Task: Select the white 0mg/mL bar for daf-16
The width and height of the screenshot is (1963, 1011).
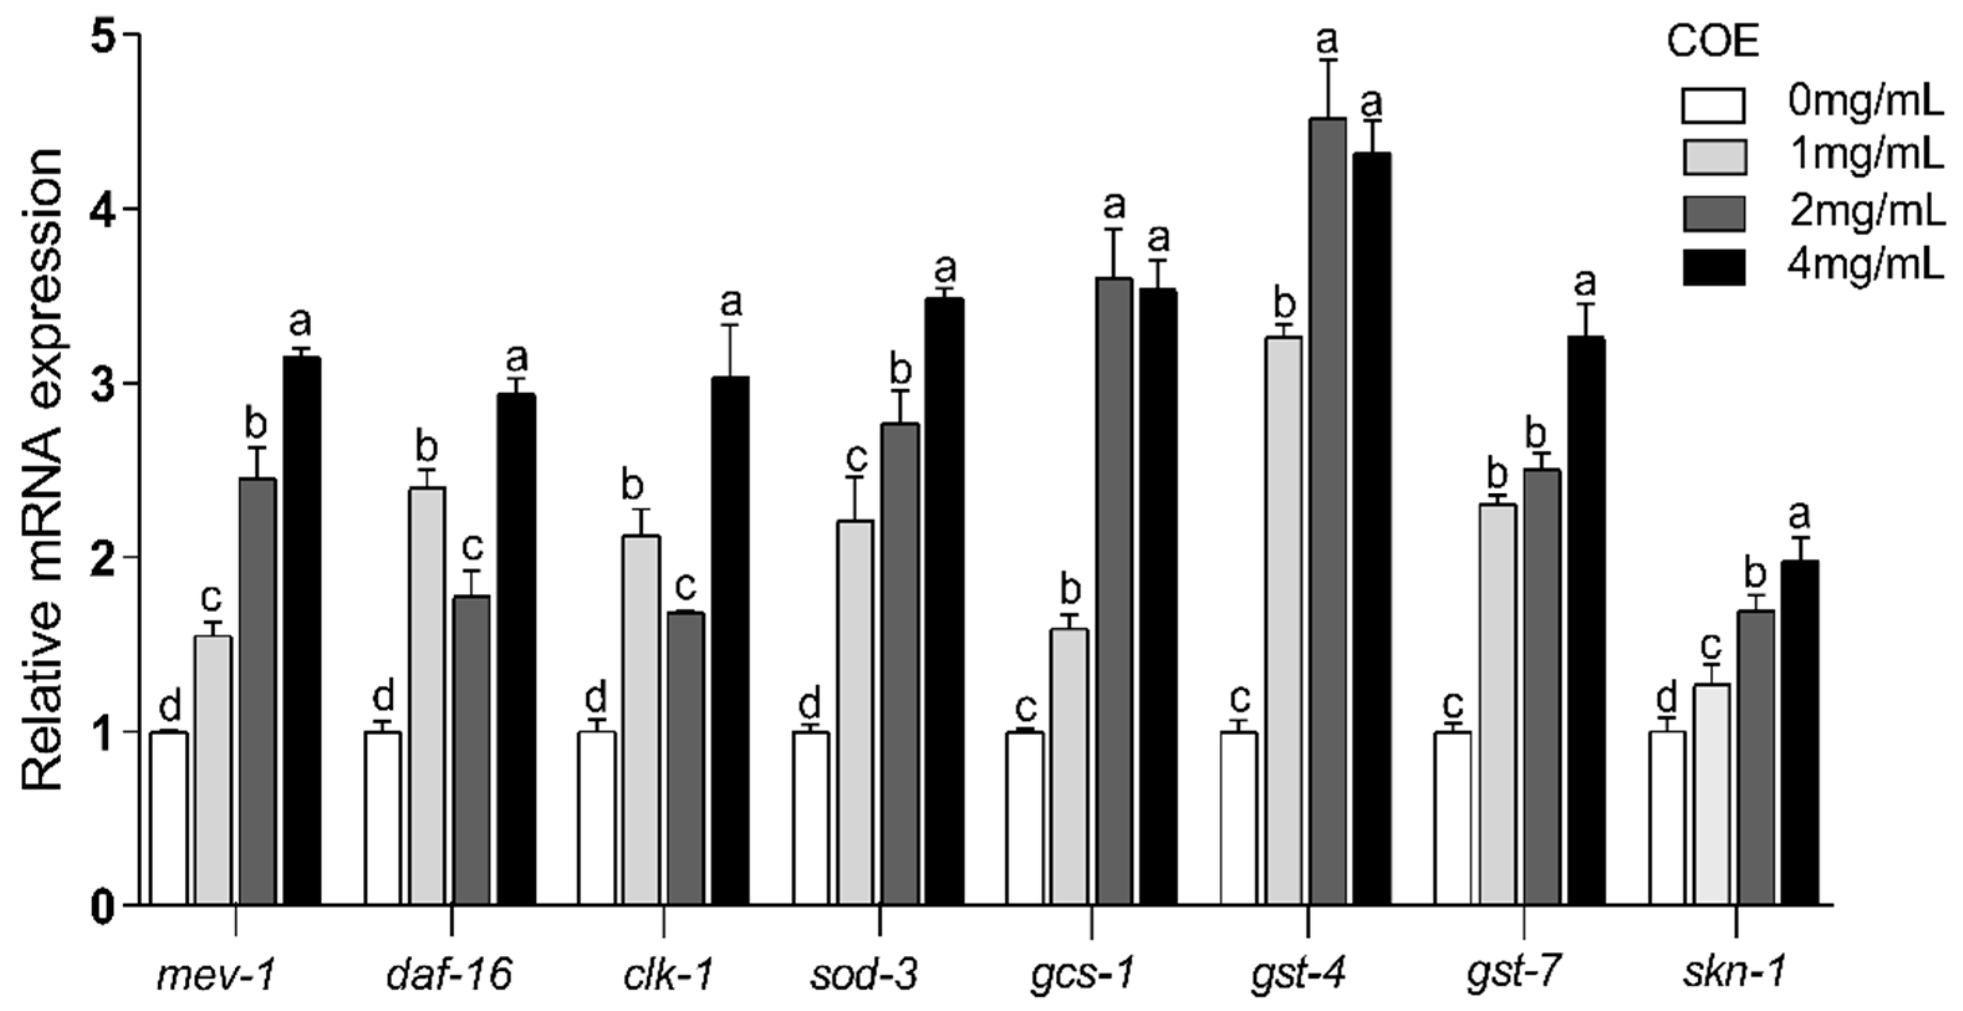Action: (383, 819)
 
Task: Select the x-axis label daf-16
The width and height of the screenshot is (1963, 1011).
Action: (449, 975)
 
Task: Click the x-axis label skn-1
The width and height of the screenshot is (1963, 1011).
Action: (1733, 975)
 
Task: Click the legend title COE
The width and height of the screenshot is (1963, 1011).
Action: (1712, 42)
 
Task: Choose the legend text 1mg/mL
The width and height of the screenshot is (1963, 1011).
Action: (1866, 156)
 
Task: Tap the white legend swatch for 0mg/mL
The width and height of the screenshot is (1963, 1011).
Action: (1713, 105)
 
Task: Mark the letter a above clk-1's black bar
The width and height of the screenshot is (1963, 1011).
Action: (731, 303)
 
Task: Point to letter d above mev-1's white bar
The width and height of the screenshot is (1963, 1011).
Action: (169, 706)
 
